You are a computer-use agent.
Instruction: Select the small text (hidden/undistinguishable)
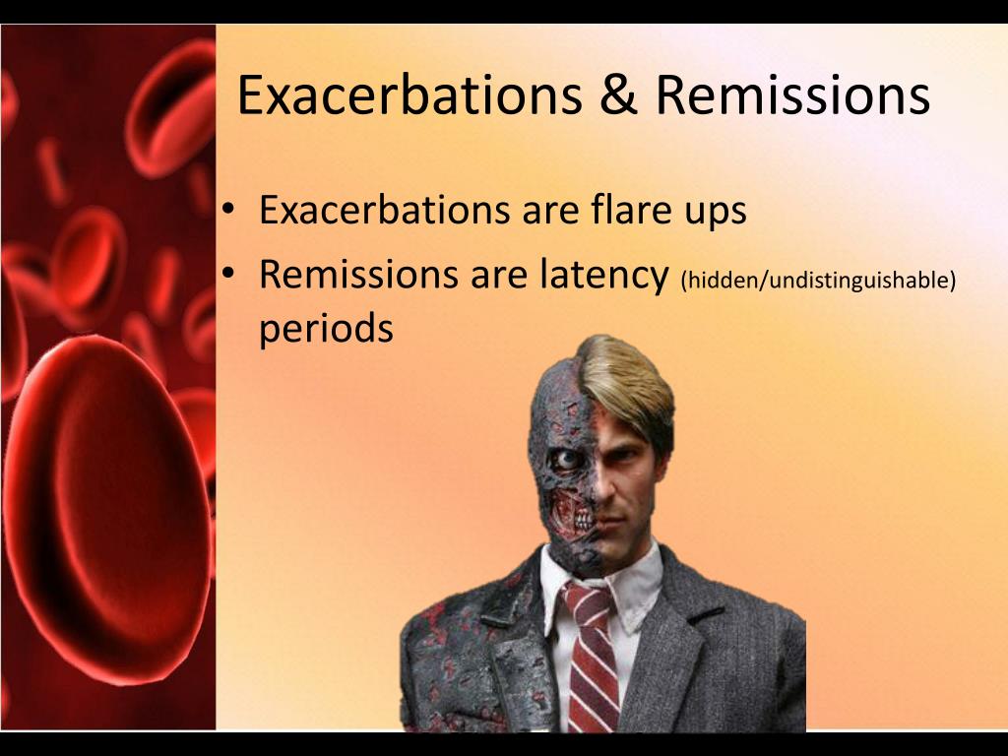[817, 281]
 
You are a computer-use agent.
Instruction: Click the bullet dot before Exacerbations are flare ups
[228, 210]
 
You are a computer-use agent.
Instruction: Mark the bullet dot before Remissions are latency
[228, 275]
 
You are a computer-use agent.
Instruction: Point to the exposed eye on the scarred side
[564, 459]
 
